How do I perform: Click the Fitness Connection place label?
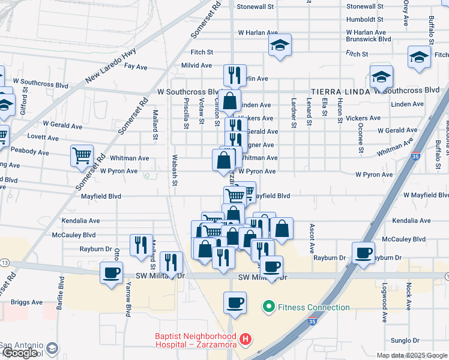click(x=312, y=307)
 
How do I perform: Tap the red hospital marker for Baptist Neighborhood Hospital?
click(x=245, y=340)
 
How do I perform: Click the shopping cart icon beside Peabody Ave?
click(x=82, y=156)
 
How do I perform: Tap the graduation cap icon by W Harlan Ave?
click(x=279, y=46)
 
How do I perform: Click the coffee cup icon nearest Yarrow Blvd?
click(x=111, y=272)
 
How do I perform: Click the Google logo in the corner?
click(x=20, y=353)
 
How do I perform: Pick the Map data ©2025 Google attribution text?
click(x=412, y=355)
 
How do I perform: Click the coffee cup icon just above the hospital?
click(x=235, y=302)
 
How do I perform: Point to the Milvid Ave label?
click(x=197, y=65)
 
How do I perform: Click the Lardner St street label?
click(x=294, y=113)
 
